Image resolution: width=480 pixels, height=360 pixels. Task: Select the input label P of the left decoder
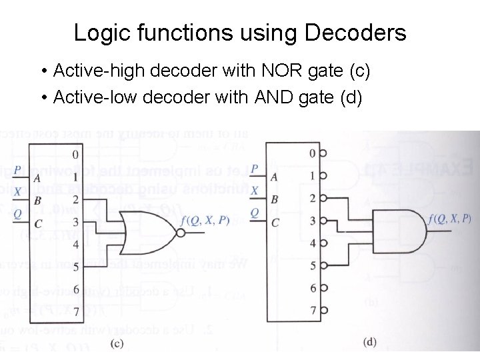click(17, 169)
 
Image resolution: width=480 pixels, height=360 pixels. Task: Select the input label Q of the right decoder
click(254, 213)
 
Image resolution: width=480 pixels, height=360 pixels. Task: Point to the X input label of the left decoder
click(17, 191)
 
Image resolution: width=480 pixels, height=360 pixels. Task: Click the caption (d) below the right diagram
click(370, 342)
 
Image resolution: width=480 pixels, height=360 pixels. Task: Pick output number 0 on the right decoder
click(313, 154)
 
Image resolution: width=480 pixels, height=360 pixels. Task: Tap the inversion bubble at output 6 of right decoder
click(323, 288)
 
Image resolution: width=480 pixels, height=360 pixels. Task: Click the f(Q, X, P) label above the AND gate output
click(450, 218)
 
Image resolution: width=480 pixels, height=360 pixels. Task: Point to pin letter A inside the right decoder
click(274, 177)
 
